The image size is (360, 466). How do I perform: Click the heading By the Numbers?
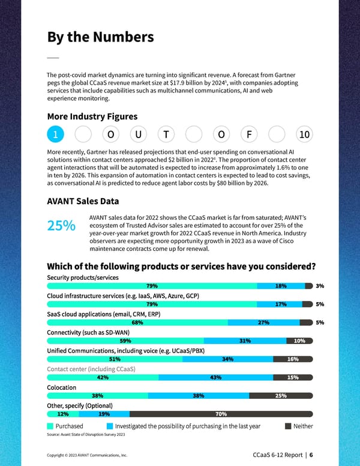100,37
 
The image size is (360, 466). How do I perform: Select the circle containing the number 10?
304,135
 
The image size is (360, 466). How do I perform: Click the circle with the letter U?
138,135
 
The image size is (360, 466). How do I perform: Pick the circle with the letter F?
249,135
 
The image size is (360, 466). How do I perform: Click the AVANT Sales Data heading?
83,201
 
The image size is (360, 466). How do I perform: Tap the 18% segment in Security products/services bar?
281,286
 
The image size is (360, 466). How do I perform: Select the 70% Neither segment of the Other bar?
221,414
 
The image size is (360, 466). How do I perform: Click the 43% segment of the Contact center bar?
216,377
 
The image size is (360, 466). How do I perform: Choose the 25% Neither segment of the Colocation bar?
280,396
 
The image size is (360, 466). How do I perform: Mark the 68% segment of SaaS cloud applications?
137,322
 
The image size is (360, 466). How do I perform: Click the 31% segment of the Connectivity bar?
245,341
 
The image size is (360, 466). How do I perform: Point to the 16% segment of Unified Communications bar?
293,359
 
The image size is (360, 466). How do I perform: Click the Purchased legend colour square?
50,426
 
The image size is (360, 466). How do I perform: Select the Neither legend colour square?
288,426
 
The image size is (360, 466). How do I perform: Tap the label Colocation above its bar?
62,387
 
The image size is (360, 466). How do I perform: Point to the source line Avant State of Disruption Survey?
86,434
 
